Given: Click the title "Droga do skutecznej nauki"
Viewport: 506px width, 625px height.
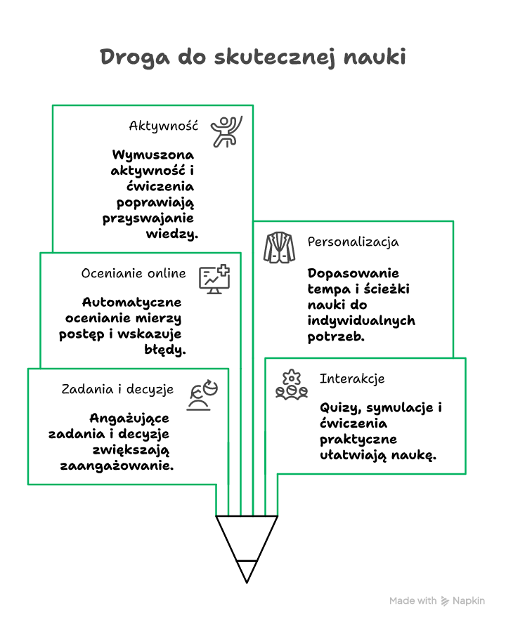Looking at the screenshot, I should point(253,57).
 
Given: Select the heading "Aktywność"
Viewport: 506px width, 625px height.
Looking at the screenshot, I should point(164,126).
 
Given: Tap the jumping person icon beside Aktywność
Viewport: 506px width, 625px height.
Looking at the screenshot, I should point(226,131).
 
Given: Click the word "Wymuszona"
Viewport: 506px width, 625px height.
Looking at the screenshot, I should point(153,155).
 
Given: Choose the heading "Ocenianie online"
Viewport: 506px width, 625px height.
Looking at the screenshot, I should point(134,273).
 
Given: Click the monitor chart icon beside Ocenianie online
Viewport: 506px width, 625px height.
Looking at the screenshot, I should point(214,279).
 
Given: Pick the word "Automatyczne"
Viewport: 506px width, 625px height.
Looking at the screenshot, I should point(132,302).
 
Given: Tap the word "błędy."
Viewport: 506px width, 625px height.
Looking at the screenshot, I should point(167,349).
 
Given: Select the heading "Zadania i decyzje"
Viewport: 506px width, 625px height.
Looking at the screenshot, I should point(119,389).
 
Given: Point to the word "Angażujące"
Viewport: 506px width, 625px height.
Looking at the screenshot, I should point(129,418).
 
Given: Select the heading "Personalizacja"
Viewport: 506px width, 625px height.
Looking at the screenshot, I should point(353,242).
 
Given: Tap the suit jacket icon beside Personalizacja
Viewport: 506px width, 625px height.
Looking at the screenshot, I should point(280,247).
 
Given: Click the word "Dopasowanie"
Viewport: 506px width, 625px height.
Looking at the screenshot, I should point(353,273).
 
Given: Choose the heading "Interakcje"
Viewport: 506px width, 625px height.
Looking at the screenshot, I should point(352,379).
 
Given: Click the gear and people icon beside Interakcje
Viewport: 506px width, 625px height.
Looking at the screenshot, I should point(291,384).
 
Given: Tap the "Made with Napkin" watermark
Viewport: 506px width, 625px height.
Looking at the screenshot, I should point(437,601).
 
